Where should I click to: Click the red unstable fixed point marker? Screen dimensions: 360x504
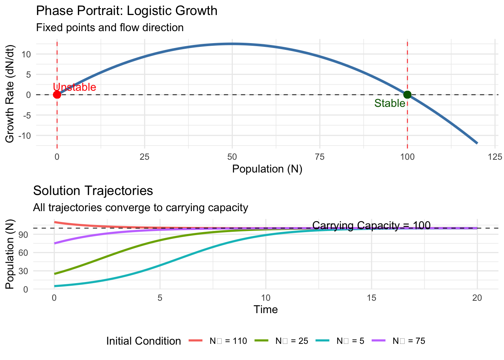pyautogui.click(x=57, y=94)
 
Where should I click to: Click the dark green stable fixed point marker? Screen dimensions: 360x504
pyautogui.click(x=407, y=94)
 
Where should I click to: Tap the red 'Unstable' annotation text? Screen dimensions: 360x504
pyautogui.click(x=75, y=87)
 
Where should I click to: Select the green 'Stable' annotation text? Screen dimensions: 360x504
pyautogui.click(x=390, y=103)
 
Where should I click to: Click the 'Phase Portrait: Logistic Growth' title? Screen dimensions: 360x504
pyautogui.click(x=127, y=10)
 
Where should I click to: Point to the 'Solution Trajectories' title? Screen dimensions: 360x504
pyautogui.click(x=93, y=190)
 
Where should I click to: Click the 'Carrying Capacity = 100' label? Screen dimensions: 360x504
pyautogui.click(x=371, y=225)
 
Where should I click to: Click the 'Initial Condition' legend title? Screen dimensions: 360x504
pyautogui.click(x=144, y=341)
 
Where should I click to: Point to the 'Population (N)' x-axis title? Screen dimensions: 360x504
pyautogui.click(x=267, y=169)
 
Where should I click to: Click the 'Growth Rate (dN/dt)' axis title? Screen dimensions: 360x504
pyautogui.click(x=10, y=94)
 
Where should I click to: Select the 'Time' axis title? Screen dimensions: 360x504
pyautogui.click(x=265, y=309)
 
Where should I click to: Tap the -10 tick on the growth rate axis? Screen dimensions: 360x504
pyautogui.click(x=25, y=135)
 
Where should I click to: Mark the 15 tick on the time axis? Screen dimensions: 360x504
pyautogui.click(x=371, y=298)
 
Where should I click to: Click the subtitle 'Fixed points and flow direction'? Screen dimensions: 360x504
pyautogui.click(x=110, y=27)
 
